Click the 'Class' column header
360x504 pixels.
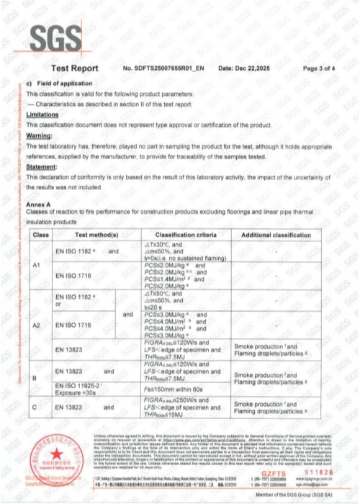tap(40, 235)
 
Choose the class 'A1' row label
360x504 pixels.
tap(40, 266)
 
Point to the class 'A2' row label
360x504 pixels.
tap(40, 325)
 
